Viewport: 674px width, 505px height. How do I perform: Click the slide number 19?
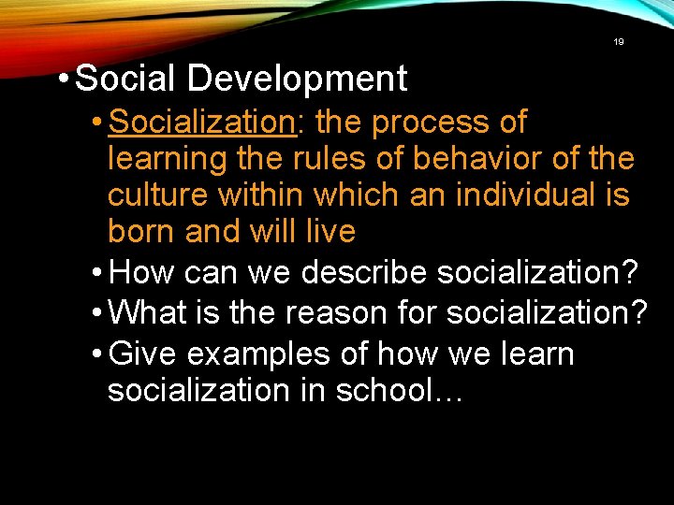[618, 42]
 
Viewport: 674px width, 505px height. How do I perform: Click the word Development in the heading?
[297, 79]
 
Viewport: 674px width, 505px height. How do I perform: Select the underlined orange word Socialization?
[201, 123]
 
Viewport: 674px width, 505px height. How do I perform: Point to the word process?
[421, 123]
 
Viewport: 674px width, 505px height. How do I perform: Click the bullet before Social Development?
[62, 79]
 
